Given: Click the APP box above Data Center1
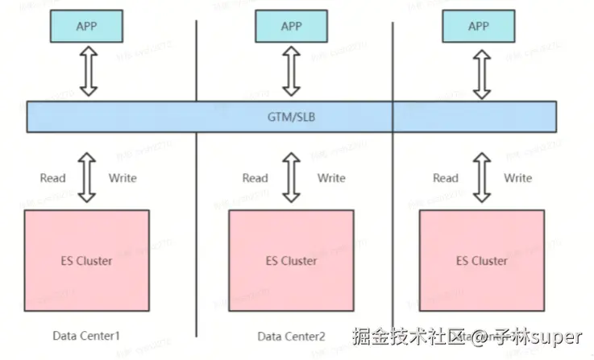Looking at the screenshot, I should click(x=87, y=27).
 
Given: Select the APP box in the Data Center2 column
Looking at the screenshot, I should click(x=291, y=27).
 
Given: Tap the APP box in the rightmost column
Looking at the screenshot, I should click(x=479, y=27).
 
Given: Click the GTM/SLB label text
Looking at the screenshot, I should click(x=291, y=116).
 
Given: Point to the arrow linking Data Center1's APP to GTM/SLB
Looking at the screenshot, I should click(x=87, y=72).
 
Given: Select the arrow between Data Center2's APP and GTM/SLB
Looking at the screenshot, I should click(x=291, y=72).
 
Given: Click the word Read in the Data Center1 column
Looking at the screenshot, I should click(x=53, y=178).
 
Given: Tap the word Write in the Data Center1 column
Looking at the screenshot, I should click(x=122, y=178).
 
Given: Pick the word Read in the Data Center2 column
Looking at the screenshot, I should click(x=255, y=178).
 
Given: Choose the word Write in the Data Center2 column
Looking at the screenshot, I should click(x=330, y=178).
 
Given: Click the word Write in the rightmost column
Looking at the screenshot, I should click(x=518, y=178).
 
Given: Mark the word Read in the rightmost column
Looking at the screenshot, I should click(x=446, y=178).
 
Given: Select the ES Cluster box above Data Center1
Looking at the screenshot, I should click(x=87, y=261).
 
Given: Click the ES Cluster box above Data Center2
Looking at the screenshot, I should click(x=291, y=261).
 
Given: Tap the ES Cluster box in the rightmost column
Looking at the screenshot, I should click(x=482, y=261).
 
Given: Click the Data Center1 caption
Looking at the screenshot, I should click(x=86, y=335).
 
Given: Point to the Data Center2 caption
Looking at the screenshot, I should click(x=291, y=336).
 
